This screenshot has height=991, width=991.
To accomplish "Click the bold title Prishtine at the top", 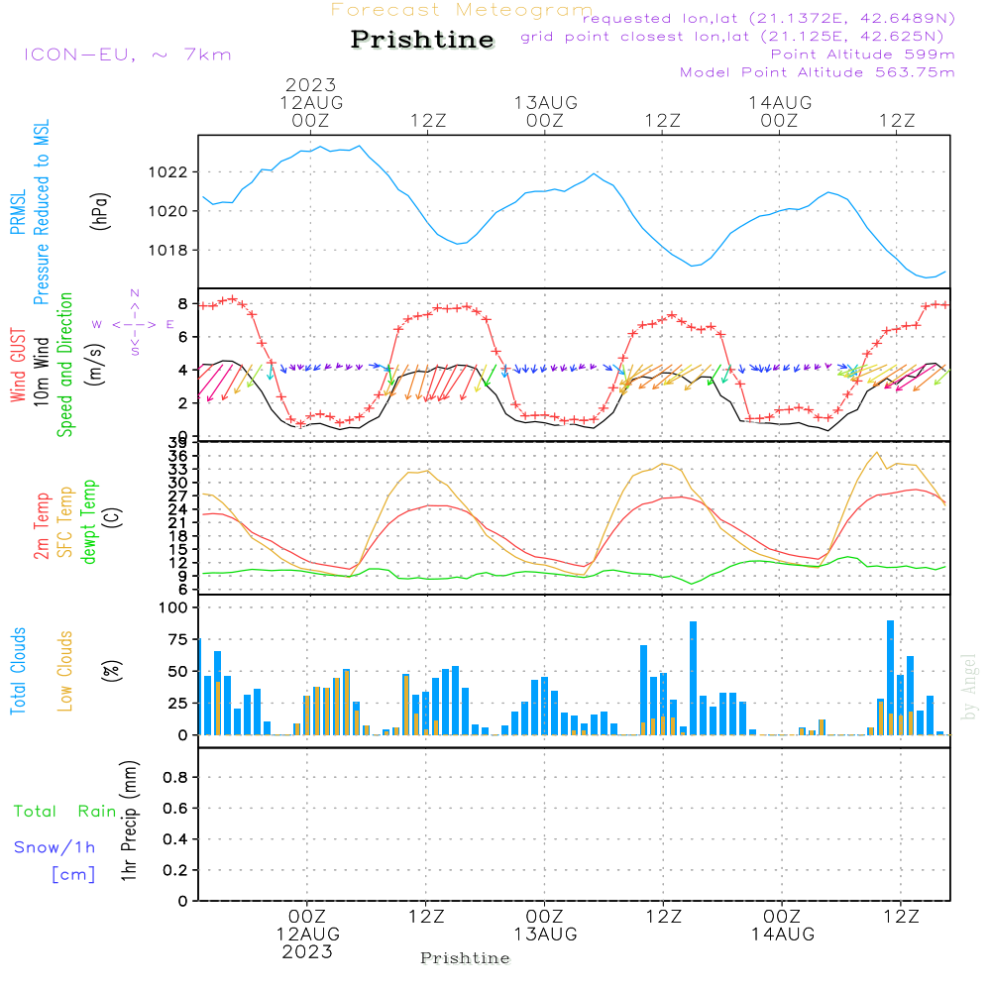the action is (422, 40).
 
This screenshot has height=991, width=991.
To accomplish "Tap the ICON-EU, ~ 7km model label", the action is (128, 55).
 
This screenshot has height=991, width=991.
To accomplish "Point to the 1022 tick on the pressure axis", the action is (168, 171).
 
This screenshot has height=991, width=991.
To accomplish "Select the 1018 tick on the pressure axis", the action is (168, 251).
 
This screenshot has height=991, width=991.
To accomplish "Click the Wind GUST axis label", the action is (18, 365).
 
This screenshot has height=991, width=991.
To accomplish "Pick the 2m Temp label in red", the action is (41, 526).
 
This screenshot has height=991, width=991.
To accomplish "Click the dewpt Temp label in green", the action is (88, 521).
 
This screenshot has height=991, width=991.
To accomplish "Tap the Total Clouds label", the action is (18, 671).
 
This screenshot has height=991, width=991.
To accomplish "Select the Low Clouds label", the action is (65, 671).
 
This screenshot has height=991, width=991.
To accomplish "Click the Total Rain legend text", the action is (65, 812).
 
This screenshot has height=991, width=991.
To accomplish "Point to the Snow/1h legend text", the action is (55, 847).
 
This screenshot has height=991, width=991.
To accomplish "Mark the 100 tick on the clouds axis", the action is (173, 607).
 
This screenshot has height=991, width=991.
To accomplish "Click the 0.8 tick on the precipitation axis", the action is (175, 777).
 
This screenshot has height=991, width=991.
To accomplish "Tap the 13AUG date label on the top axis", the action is (545, 103).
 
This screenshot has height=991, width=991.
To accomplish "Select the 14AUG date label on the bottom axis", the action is (783, 935).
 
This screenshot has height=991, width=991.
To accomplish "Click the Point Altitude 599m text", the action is (863, 55).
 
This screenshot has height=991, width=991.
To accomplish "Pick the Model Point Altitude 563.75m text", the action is (818, 72).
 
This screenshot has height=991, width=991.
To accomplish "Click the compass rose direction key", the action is (134, 324).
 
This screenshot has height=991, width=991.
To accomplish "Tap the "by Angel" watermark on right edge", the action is (970, 687).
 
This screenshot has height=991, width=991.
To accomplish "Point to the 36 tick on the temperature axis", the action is (177, 456).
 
